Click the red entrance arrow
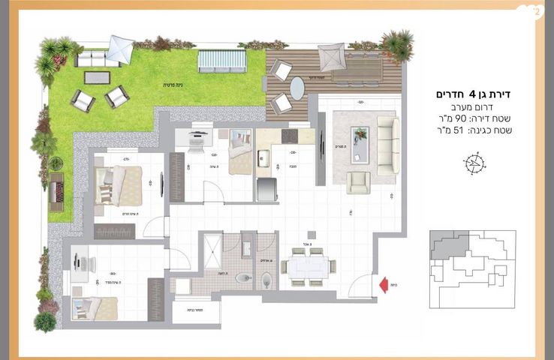[x=383, y=284]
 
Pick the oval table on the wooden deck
[x=297, y=88]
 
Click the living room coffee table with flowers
[x=361, y=143]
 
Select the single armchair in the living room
[x=358, y=182]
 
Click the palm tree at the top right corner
[x=396, y=43]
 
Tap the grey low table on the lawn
[x=96, y=77]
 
